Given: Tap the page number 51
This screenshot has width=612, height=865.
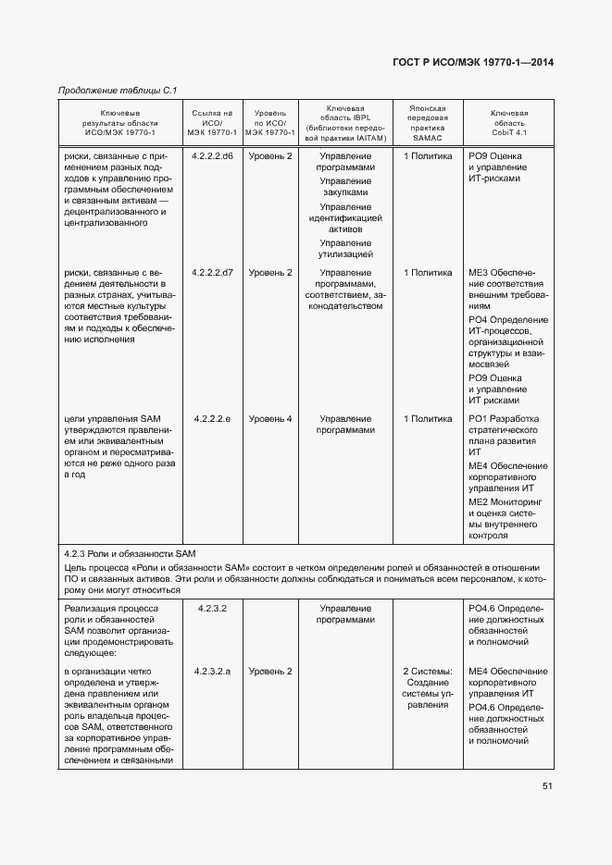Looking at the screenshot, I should coord(547,786).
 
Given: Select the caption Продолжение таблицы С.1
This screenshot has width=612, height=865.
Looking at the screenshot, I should coord(118,90).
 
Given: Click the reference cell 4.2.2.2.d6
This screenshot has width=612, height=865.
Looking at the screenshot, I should coord(213,156).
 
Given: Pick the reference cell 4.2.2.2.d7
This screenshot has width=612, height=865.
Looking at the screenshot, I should coord(213,273).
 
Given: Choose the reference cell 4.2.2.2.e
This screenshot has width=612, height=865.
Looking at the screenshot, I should coord(213,418).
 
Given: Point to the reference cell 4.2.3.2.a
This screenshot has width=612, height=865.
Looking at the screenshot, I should coord(213,671).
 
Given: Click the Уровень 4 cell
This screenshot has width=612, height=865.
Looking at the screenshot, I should coord(270,418).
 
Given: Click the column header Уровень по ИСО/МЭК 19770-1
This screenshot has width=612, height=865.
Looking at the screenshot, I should coord(270,122).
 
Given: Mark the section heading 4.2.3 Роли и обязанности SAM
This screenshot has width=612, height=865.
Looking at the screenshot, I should coord(126,552).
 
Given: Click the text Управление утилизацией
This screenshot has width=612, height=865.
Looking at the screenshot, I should coord(345,247).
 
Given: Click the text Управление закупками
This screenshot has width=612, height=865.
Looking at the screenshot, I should coord(345,188).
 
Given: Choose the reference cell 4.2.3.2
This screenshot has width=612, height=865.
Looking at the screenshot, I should coord(213,608).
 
